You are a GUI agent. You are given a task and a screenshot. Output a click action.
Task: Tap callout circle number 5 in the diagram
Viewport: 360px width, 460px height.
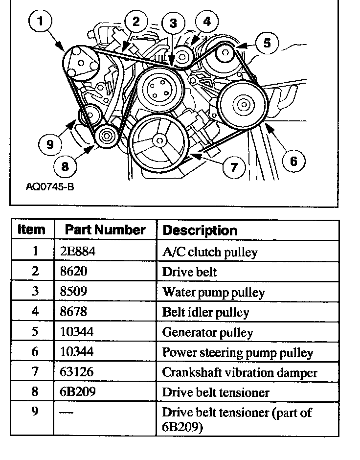[x=267, y=43]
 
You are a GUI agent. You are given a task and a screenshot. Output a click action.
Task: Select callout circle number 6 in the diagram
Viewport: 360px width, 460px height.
[x=293, y=161]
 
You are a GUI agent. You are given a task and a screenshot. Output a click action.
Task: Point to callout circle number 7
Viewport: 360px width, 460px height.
[x=234, y=167]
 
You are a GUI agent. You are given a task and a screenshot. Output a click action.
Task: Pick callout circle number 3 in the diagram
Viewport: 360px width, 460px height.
[x=173, y=23]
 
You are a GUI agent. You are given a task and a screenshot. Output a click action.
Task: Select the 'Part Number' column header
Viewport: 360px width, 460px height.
[x=105, y=230]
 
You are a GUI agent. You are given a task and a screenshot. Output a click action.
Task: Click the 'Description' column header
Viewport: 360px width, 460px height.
[x=200, y=230]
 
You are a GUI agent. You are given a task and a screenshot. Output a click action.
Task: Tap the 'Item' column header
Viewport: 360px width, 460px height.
[x=31, y=230]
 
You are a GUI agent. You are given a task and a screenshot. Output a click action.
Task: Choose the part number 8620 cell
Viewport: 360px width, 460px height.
[x=70, y=272]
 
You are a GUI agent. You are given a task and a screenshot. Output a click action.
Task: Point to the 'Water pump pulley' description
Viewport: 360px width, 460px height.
[x=213, y=292]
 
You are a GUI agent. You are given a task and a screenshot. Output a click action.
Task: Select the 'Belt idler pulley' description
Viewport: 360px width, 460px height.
[x=205, y=312]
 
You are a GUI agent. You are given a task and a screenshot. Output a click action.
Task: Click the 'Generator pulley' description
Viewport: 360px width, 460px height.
[x=208, y=333]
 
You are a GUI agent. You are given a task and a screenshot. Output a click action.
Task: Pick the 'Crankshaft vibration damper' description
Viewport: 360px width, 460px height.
[x=240, y=373]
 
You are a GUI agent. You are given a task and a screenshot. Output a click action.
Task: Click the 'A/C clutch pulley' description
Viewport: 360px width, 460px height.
[x=210, y=252]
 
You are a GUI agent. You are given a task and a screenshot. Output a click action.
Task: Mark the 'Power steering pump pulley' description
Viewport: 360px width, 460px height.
[x=237, y=353]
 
